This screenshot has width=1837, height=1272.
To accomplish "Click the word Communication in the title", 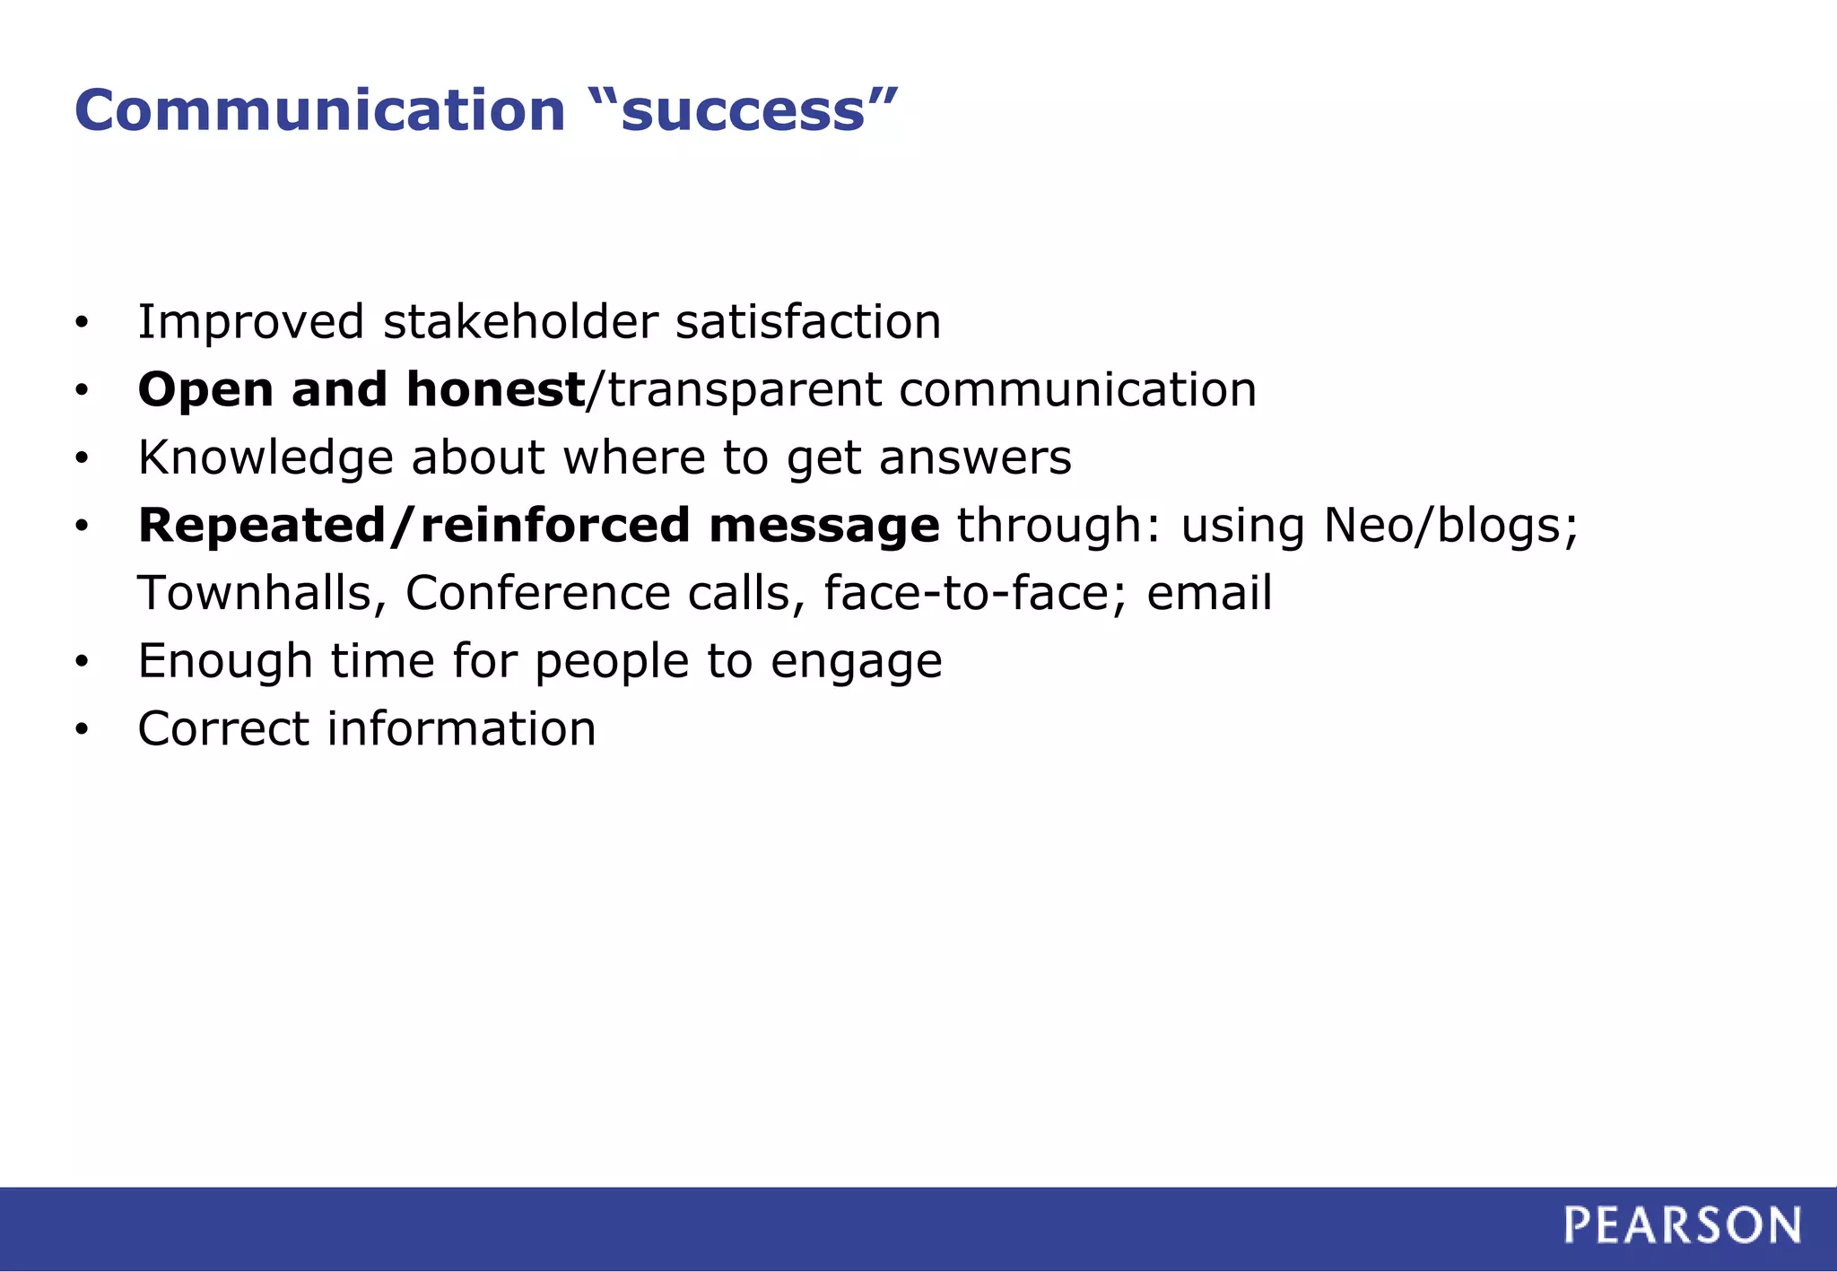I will (x=319, y=110).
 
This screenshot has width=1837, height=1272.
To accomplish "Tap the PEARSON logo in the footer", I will (x=1682, y=1225).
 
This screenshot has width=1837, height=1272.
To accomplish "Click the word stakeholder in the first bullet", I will (x=520, y=322).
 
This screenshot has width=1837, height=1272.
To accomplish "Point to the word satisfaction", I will (x=808, y=322).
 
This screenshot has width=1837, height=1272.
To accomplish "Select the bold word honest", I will (x=495, y=389).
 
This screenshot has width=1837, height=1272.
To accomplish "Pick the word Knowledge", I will (x=266, y=458).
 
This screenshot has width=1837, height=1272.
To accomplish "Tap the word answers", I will (x=975, y=458).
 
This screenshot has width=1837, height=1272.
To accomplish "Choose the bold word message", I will (x=823, y=526).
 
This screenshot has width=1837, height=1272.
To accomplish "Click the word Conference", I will (x=537, y=593).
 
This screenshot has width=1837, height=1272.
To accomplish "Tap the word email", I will (x=1209, y=593).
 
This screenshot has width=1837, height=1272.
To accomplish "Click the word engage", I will (x=856, y=663).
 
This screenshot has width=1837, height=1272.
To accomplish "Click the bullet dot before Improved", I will (x=82, y=324).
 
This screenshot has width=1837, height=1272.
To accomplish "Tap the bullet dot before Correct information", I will (x=82, y=730).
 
